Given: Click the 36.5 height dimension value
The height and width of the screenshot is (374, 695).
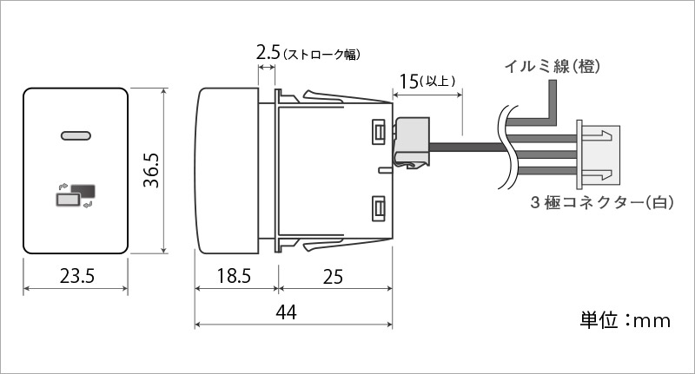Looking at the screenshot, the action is pyautogui.click(x=151, y=170).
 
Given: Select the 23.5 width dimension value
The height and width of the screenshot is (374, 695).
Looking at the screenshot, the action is pyautogui.click(x=77, y=276).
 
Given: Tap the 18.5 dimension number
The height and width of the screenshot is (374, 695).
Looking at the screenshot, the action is pyautogui.click(x=234, y=276).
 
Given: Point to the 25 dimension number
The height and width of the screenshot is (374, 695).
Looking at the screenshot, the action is pyautogui.click(x=333, y=277).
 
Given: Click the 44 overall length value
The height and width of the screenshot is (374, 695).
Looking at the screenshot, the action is pyautogui.click(x=287, y=312).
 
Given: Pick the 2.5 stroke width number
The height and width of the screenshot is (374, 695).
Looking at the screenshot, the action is pyautogui.click(x=268, y=53).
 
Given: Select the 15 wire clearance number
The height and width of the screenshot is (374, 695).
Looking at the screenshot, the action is pyautogui.click(x=408, y=82).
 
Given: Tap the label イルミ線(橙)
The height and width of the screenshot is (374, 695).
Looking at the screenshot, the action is pyautogui.click(x=553, y=67).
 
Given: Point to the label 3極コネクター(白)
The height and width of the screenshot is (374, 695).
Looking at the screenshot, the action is pyautogui.click(x=602, y=203).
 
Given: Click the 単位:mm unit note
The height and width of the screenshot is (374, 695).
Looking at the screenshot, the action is pyautogui.click(x=625, y=320).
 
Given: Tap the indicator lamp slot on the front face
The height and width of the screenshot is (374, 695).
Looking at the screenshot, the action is pyautogui.click(x=76, y=135).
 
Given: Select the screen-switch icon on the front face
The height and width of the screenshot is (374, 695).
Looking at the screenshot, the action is pyautogui.click(x=76, y=194).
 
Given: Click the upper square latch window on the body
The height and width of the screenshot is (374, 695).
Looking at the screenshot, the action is pyautogui.click(x=379, y=131).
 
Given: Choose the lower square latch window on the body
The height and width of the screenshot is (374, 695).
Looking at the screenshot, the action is pyautogui.click(x=379, y=208).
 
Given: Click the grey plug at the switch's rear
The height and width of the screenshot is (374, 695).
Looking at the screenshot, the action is pyautogui.click(x=412, y=142).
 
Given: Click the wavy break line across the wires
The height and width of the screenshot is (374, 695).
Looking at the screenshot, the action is pyautogui.click(x=506, y=148).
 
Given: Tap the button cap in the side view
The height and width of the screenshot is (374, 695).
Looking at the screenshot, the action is pyautogui.click(x=227, y=171).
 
